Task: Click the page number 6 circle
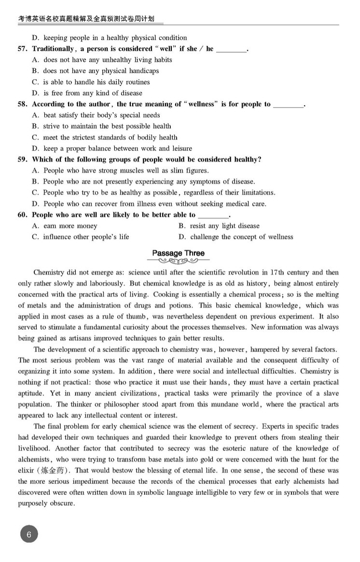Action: click(x=29, y=534)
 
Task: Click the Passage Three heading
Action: click(x=178, y=253)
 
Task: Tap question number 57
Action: click(x=23, y=49)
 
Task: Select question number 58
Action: click(x=23, y=104)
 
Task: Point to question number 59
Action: click(x=23, y=159)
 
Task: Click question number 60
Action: click(x=23, y=215)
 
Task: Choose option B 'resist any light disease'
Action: click(x=219, y=226)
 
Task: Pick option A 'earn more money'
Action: click(x=65, y=226)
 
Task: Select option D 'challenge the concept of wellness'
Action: click(x=235, y=237)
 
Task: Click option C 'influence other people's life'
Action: click(x=81, y=237)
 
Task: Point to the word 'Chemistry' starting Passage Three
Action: click(x=49, y=272)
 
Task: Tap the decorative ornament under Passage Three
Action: click(x=178, y=261)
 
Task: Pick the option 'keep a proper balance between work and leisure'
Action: click(x=112, y=148)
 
